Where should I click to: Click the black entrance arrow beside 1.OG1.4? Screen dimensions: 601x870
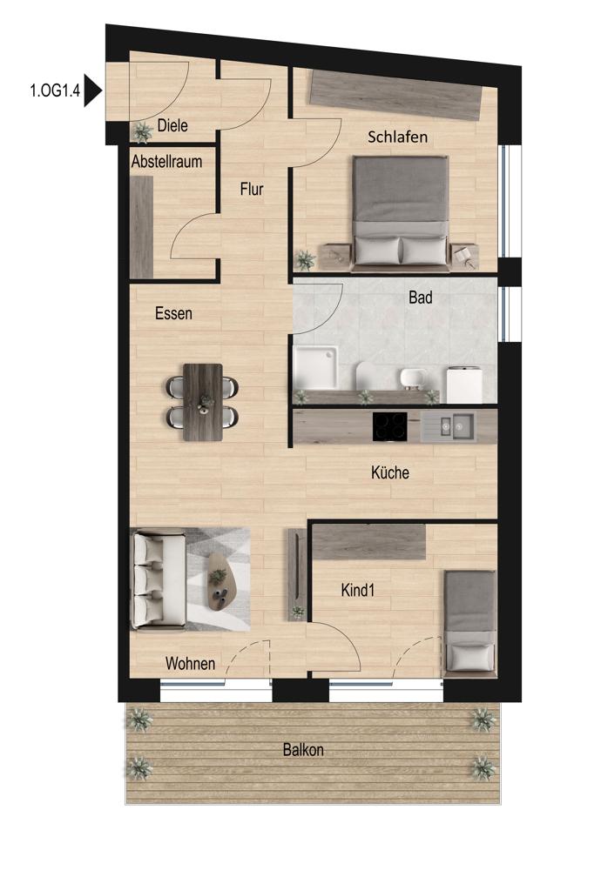pyautogui.click(x=91, y=90)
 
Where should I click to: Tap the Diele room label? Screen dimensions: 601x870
pyautogui.click(x=172, y=125)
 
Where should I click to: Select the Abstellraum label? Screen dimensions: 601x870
pyautogui.click(x=166, y=162)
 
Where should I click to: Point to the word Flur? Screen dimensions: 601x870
pyautogui.click(x=252, y=189)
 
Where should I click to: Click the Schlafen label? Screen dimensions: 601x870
pyautogui.click(x=398, y=137)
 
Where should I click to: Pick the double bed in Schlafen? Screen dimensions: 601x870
pyautogui.click(x=401, y=214)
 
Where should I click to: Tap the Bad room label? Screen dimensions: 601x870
pyautogui.click(x=421, y=298)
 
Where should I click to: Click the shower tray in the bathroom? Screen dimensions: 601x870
pyautogui.click(x=315, y=368)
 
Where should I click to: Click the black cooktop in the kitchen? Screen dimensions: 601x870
pyautogui.click(x=389, y=426)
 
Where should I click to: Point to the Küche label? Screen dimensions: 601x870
pyautogui.click(x=390, y=472)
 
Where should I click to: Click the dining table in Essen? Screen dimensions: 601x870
pyautogui.click(x=203, y=402)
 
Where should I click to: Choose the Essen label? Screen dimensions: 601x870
pyautogui.click(x=174, y=313)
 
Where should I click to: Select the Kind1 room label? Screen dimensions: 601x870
pyautogui.click(x=358, y=591)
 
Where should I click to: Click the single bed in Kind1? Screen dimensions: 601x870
pyautogui.click(x=470, y=622)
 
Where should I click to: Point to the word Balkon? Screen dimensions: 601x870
pyautogui.click(x=303, y=750)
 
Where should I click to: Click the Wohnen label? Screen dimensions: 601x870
pyautogui.click(x=191, y=664)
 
